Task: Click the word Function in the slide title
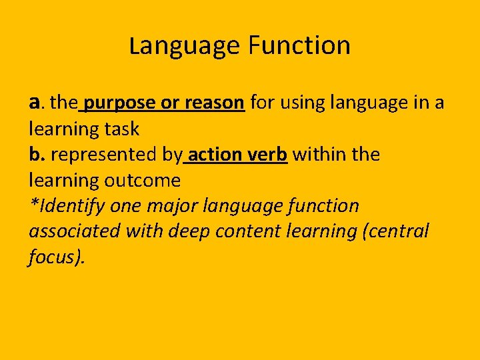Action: (x=299, y=46)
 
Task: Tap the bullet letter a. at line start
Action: (x=37, y=103)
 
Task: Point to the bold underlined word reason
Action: (x=214, y=103)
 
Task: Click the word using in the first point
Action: (x=310, y=103)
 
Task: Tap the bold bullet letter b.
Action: (x=37, y=154)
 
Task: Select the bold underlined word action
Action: (x=217, y=154)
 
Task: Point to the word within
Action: (x=317, y=154)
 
